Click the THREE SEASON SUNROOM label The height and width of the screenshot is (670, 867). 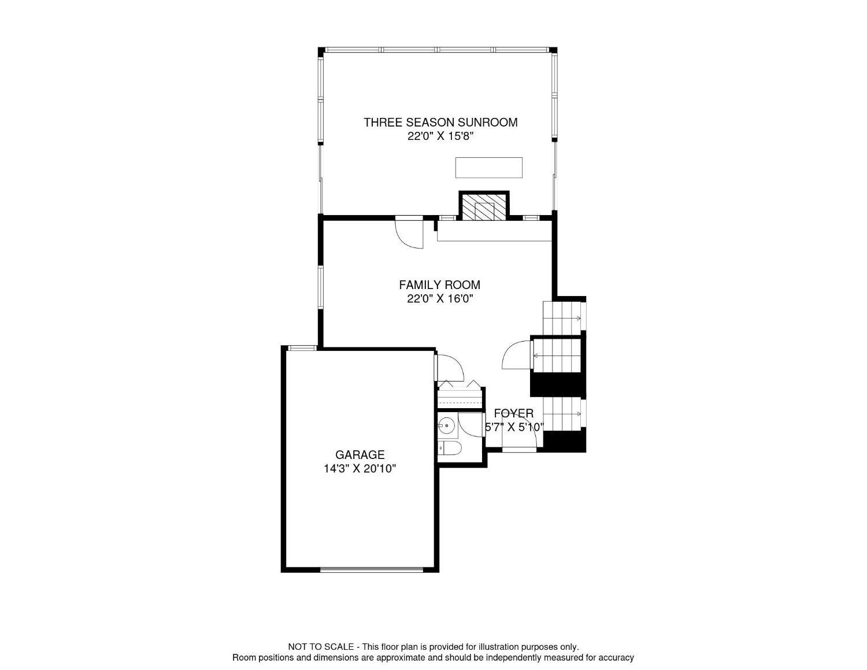click(x=440, y=123)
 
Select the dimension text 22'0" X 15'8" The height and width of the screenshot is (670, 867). click(x=440, y=136)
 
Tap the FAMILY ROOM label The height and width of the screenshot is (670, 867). click(x=439, y=285)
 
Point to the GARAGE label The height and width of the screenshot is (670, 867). click(x=360, y=455)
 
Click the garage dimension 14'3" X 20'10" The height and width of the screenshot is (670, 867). click(x=360, y=469)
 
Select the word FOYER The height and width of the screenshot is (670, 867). click(x=513, y=413)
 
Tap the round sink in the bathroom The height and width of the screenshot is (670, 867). click(x=447, y=426)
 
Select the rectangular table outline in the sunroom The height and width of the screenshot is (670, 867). click(x=488, y=168)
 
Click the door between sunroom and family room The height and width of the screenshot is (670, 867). click(x=409, y=232)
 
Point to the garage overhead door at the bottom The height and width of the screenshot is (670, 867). click(x=372, y=570)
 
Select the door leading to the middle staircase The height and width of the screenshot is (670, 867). click(x=518, y=354)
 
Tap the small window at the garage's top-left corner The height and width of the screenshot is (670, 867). click(x=301, y=347)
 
